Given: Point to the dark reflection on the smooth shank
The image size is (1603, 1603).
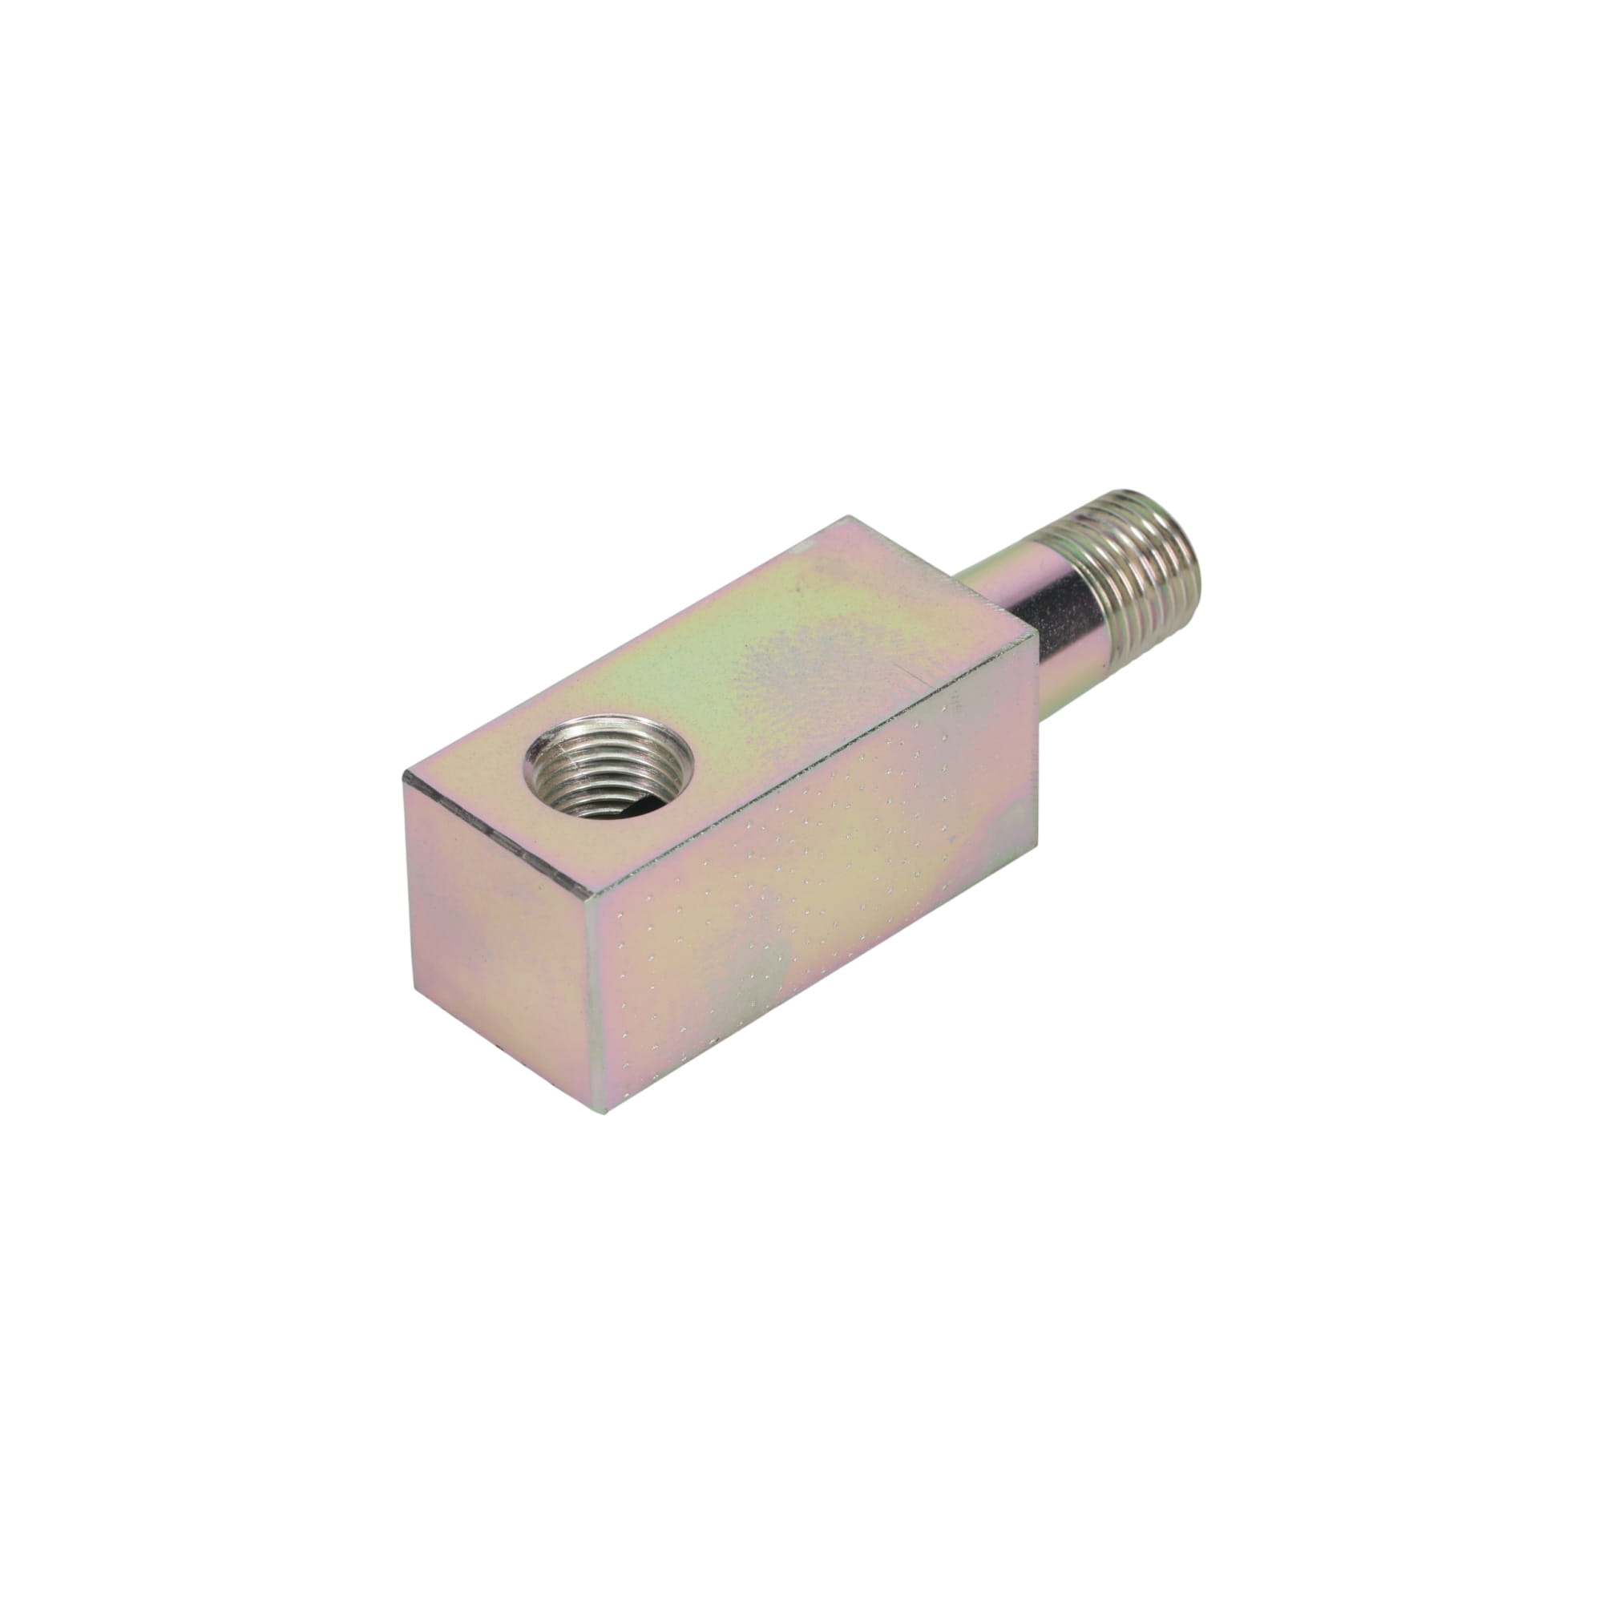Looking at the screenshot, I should coord(1058,618).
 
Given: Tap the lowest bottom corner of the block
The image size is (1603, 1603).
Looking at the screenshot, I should coord(606,1112).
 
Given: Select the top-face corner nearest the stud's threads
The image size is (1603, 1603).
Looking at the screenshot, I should coord(1034,632).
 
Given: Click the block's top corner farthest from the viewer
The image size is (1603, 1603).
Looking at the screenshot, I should coord(848,518).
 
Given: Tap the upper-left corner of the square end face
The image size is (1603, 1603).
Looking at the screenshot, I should coord(405,775).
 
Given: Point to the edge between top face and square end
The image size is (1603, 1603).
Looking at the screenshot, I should coord(498,836).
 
